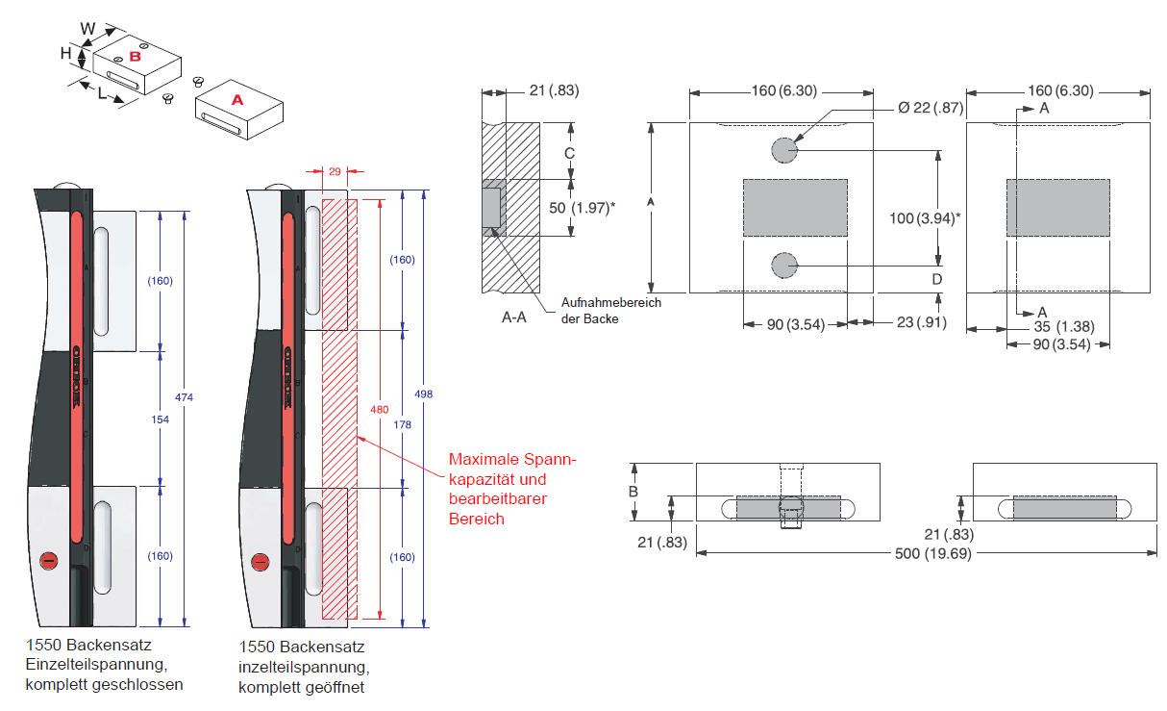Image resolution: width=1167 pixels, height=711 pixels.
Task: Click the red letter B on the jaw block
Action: (x=136, y=57)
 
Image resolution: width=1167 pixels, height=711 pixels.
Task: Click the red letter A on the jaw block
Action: (x=237, y=99)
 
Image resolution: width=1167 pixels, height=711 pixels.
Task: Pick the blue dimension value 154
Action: (x=160, y=419)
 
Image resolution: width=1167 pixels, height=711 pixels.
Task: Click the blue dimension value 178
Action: (x=401, y=423)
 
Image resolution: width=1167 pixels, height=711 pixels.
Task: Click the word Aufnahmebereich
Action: (x=611, y=302)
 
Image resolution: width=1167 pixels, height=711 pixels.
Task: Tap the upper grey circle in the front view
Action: (x=784, y=150)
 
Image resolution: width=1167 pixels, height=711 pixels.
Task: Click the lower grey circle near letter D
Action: (x=784, y=266)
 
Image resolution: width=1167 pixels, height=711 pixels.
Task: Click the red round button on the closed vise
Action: (x=47, y=561)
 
